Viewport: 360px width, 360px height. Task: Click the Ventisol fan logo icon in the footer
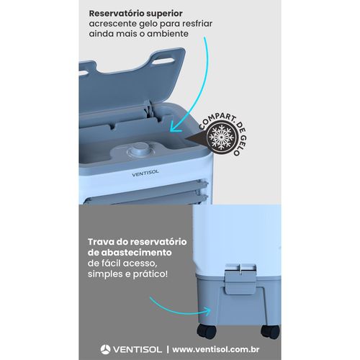tap(107, 349)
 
